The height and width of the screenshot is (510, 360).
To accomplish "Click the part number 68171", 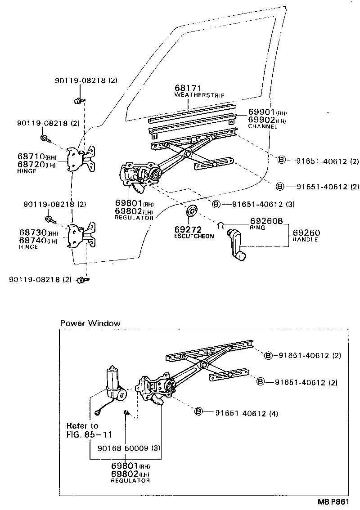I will pyautogui.click(x=187, y=89).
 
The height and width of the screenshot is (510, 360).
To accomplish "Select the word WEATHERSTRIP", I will pyautogui.click(x=199, y=96).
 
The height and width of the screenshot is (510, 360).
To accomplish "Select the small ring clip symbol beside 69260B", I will pyautogui.click(x=220, y=225).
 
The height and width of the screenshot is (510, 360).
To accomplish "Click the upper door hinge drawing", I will pyautogui.click(x=82, y=159).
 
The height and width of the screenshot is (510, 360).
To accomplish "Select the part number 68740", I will pyautogui.click(x=33, y=241).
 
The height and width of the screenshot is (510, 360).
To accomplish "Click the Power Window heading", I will pyautogui.click(x=90, y=323).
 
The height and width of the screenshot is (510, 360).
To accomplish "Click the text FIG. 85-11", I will pyautogui.click(x=89, y=434).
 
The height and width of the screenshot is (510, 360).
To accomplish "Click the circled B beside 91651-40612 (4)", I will pyautogui.click(x=198, y=412).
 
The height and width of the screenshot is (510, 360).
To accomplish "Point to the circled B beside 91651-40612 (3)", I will pyautogui.click(x=216, y=204).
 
